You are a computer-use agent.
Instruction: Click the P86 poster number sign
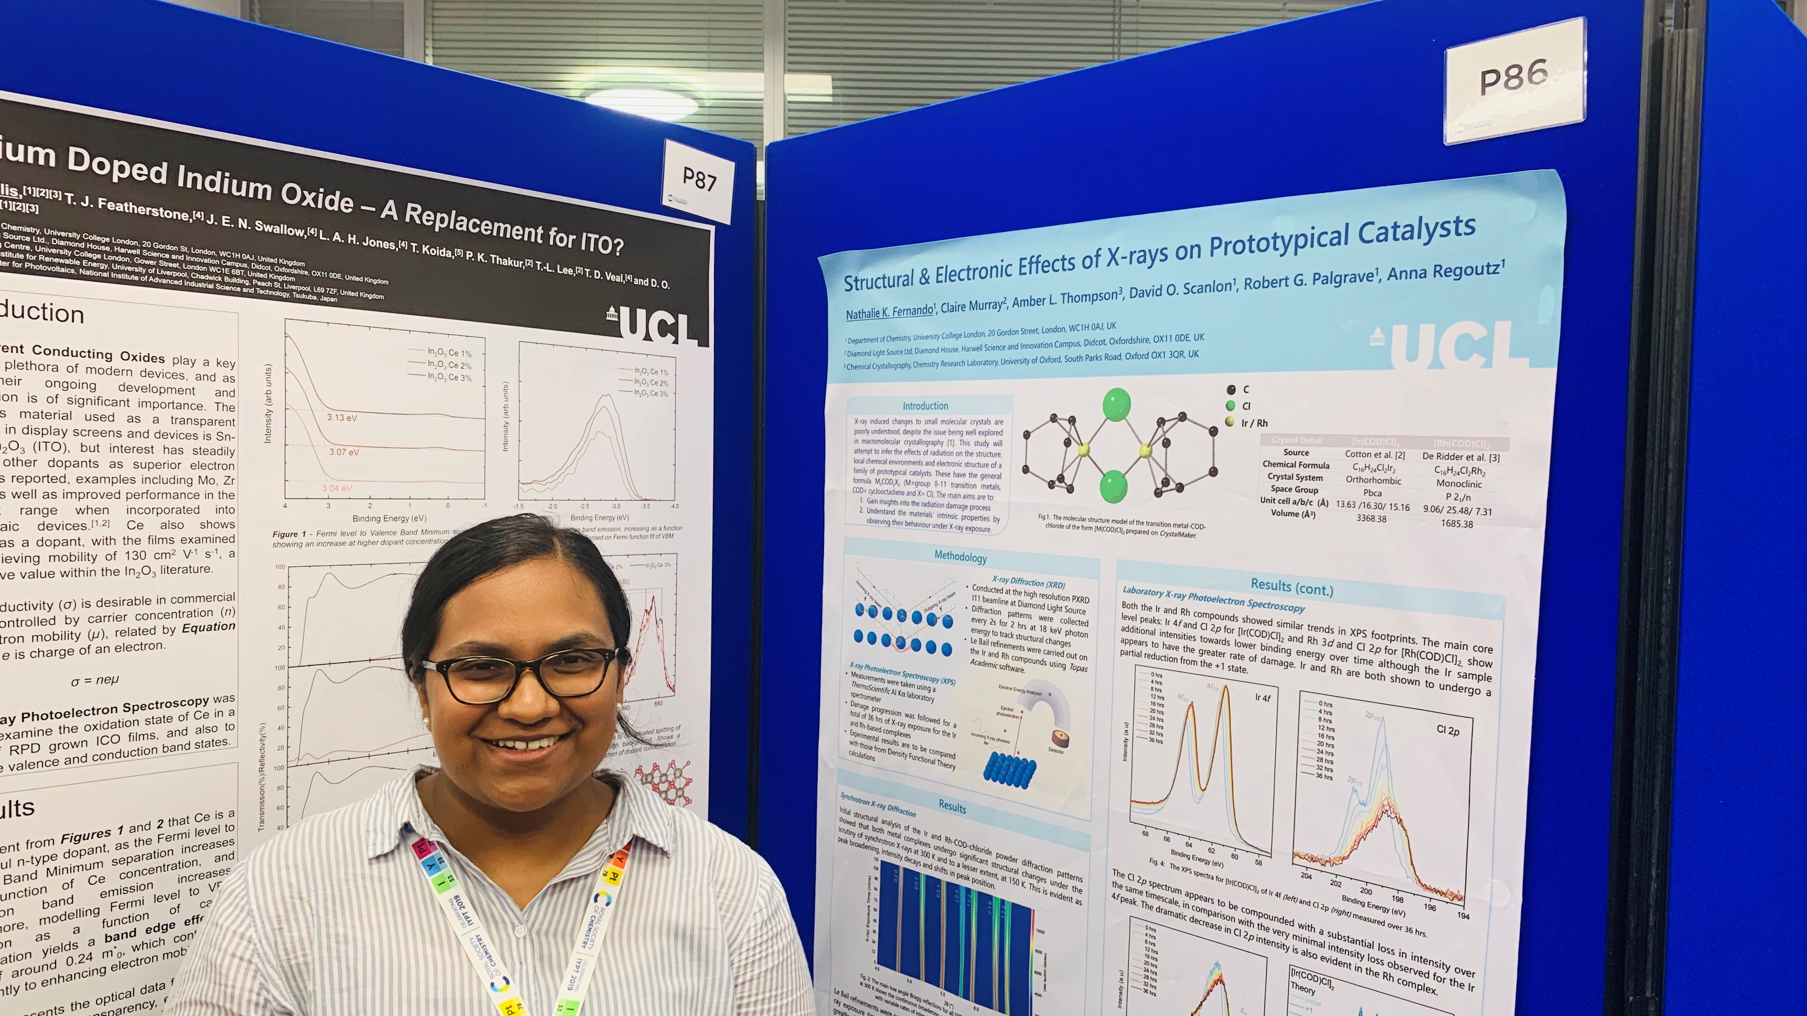tap(1514, 78)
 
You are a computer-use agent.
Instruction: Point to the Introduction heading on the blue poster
tap(925, 406)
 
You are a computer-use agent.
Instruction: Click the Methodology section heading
tap(960, 557)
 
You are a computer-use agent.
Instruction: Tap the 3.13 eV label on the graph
tap(342, 418)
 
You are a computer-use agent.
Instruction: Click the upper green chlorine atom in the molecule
tap(1116, 405)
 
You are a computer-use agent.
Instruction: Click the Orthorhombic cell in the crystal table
tap(1373, 480)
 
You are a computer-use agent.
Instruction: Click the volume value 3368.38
tap(1371, 519)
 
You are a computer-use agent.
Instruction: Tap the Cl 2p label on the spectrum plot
tap(1448, 731)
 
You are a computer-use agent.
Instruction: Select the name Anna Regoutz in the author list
tap(1445, 270)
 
